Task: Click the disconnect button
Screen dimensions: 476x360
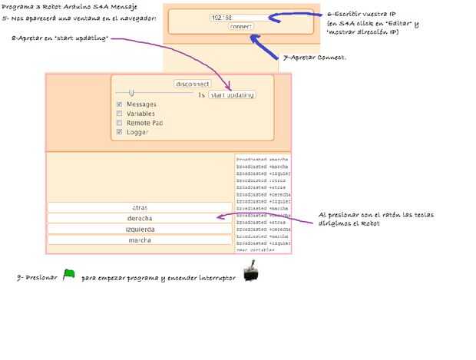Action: click(192, 84)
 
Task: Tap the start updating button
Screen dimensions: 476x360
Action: click(233, 95)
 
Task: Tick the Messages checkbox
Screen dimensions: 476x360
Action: click(119, 104)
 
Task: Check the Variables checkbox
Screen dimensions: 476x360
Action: click(119, 114)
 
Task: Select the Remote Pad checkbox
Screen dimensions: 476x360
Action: click(119, 123)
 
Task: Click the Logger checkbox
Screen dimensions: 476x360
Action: click(119, 132)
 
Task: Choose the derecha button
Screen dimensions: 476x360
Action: click(139, 218)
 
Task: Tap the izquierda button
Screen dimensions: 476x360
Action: click(139, 229)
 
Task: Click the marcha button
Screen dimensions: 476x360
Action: click(139, 239)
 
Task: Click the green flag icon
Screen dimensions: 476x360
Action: click(68, 274)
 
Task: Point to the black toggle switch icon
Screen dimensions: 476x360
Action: click(251, 272)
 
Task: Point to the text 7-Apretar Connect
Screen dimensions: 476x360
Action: click(314, 58)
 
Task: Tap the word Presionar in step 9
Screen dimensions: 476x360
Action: click(38, 276)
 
